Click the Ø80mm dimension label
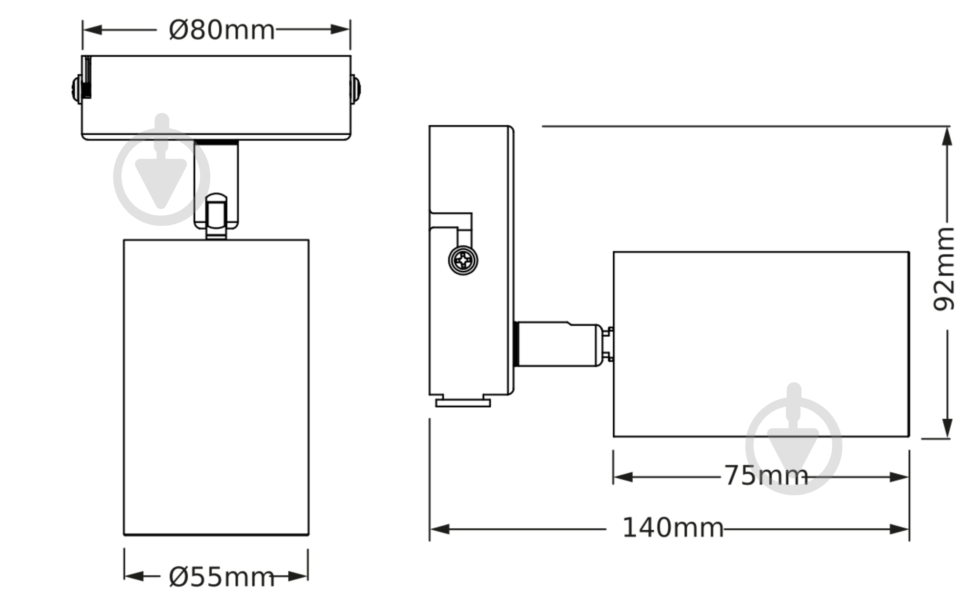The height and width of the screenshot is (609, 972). [x=221, y=30]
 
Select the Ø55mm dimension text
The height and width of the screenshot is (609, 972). [x=221, y=577]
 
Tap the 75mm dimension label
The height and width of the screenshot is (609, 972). [x=766, y=476]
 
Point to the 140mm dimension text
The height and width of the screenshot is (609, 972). [x=673, y=528]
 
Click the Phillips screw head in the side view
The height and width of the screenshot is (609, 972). [x=463, y=261]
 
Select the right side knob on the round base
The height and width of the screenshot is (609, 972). [x=355, y=89]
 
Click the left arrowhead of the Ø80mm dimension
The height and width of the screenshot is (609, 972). [x=92, y=30]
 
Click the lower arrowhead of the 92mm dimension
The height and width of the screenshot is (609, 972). [x=947, y=428]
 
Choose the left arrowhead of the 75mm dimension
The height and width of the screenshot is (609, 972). [x=623, y=477]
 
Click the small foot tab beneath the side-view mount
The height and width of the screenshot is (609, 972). [x=463, y=403]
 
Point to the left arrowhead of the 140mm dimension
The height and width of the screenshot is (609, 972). [x=440, y=529]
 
